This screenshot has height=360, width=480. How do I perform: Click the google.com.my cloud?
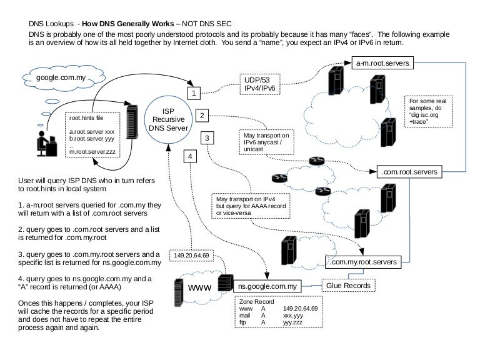pos(57,79)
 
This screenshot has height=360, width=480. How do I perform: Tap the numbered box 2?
pos(201,115)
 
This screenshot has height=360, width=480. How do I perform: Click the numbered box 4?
pos(190,155)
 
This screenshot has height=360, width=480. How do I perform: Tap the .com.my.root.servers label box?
pos(362,262)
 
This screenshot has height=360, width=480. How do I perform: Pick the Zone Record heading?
pos(256,301)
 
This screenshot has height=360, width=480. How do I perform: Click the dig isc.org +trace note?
pos(428,111)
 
